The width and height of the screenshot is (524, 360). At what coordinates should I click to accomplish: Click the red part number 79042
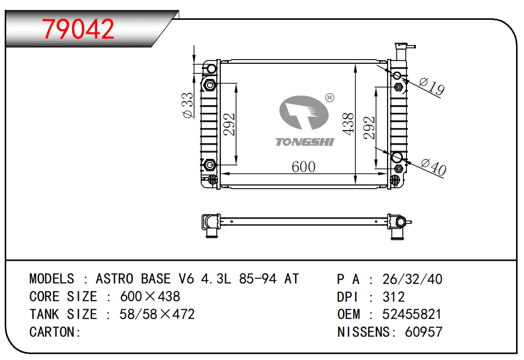(78, 29)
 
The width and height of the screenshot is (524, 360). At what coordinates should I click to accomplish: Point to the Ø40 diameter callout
(434, 166)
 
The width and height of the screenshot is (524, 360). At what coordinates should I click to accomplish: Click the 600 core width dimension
(303, 167)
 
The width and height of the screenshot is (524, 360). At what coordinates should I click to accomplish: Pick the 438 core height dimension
(348, 124)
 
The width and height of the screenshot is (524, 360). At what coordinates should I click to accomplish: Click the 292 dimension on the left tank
(229, 124)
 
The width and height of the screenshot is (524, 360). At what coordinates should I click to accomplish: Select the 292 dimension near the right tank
(369, 127)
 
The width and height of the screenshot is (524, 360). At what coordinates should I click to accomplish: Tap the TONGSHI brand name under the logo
(305, 142)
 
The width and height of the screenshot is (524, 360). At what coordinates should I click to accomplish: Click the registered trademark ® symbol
(330, 98)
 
